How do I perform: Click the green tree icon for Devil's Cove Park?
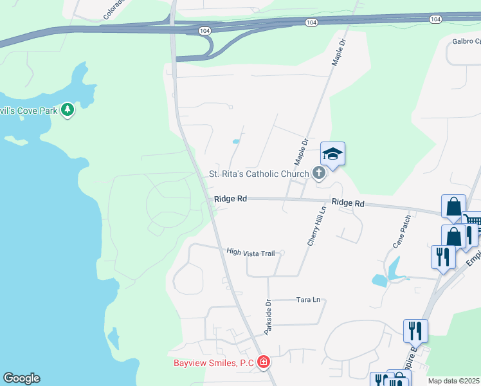pyautogui.click(x=68, y=111)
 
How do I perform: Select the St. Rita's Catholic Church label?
pyautogui.click(x=259, y=174)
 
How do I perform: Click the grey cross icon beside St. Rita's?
pyautogui.click(x=318, y=172)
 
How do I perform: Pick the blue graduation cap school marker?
pyautogui.click(x=333, y=154)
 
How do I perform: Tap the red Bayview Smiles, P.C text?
pyautogui.click(x=213, y=363)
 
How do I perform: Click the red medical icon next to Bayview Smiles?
pyautogui.click(x=263, y=363)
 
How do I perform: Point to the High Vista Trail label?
pyautogui.click(x=251, y=253)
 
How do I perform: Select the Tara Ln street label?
pyautogui.click(x=308, y=300)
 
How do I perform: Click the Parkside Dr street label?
pyautogui.click(x=269, y=317)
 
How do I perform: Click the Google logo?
pyautogui.click(x=21, y=378)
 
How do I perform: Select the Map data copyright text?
pyautogui.click(x=454, y=381)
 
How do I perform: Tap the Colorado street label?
pyautogui.click(x=114, y=9)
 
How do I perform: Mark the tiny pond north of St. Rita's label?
pyautogui.click(x=237, y=141)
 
